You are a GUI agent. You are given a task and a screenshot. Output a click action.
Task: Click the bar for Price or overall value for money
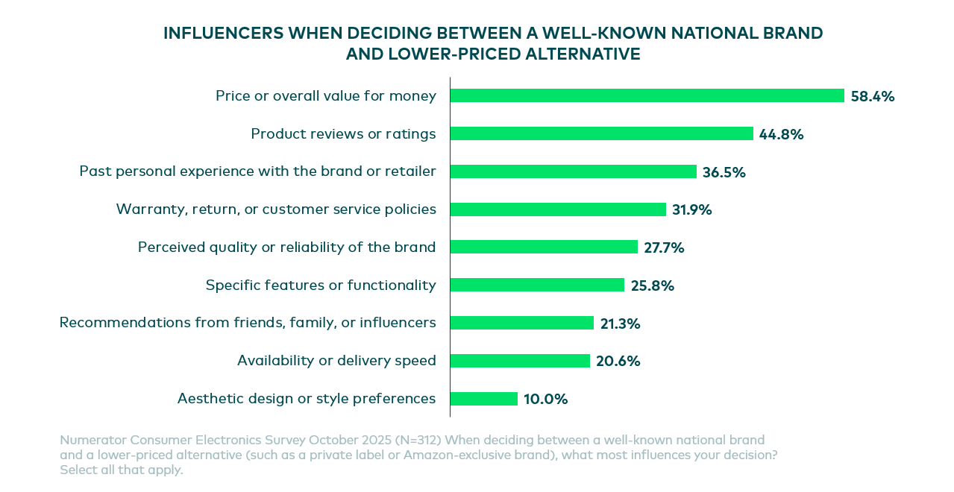(647, 95)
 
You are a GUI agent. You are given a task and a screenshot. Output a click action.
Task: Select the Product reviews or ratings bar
(601, 133)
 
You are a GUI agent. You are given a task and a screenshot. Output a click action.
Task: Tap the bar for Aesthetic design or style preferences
(483, 399)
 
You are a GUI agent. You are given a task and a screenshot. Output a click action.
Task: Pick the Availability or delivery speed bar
(520, 361)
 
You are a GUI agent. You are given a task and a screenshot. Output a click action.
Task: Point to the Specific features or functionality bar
(537, 285)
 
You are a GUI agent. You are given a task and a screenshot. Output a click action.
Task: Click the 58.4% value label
(872, 96)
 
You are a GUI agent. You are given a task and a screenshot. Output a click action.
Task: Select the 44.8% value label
(781, 134)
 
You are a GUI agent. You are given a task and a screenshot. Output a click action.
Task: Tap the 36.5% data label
(724, 172)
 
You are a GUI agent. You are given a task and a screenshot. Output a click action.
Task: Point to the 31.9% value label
(691, 209)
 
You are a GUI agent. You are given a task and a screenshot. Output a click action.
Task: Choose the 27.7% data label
(664, 247)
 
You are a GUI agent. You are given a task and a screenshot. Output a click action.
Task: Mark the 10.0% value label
(545, 399)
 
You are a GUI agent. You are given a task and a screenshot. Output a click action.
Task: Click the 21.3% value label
(620, 324)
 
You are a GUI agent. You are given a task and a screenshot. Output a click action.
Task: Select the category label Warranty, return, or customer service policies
(276, 209)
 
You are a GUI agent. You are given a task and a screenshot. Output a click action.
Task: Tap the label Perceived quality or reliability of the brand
(286, 247)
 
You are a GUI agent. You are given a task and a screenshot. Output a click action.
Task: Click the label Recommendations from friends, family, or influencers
(248, 323)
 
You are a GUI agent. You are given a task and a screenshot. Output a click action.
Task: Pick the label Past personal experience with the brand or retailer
(257, 171)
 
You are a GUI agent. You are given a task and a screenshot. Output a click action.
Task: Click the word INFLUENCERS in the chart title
(223, 34)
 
